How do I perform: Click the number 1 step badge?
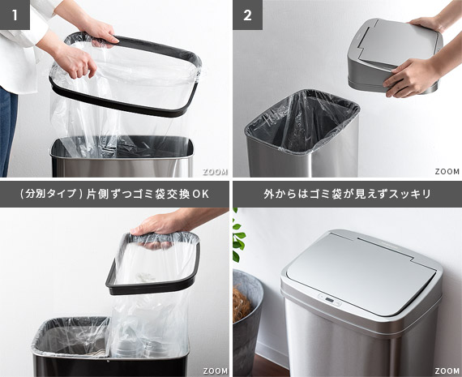[15, 15]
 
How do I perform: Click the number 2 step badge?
[247, 15]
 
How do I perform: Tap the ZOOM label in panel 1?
[215, 172]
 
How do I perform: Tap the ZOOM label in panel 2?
[447, 172]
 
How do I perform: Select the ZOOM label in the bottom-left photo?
[215, 371]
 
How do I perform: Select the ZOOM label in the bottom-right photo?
[447, 371]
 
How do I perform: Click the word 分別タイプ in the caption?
[51, 195]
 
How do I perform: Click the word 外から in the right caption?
[280, 195]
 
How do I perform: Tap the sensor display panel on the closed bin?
[329, 301]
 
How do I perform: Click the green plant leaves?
[237, 236]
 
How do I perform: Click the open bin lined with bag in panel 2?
[302, 134]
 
